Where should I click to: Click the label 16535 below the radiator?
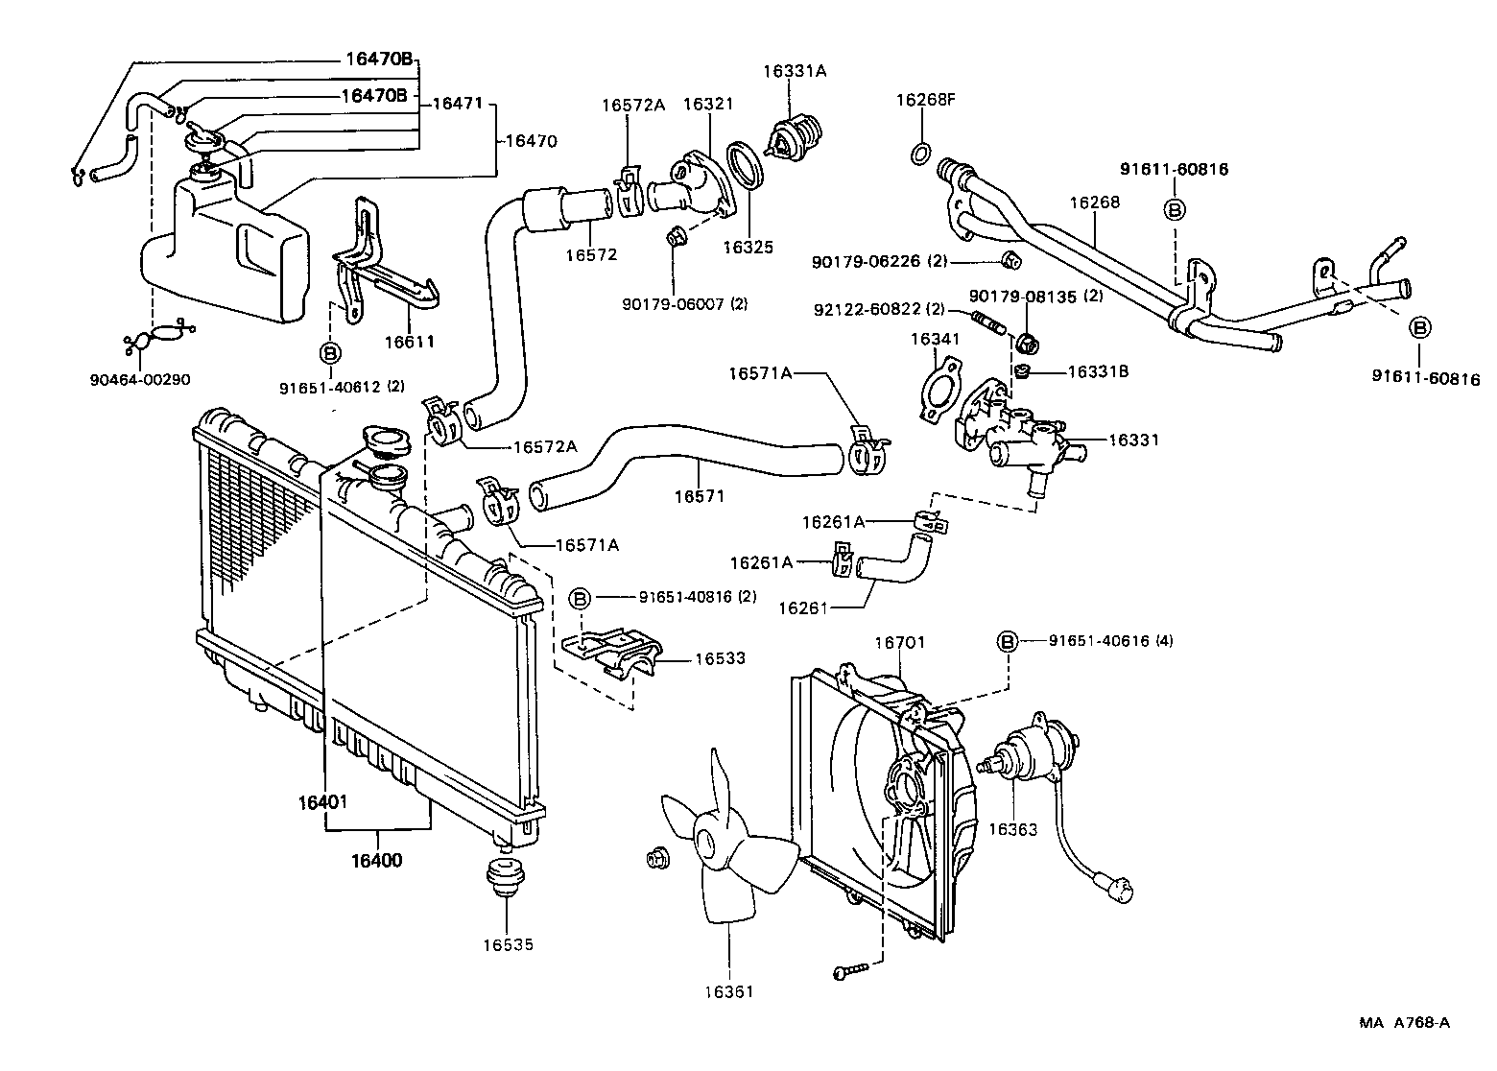click(508, 944)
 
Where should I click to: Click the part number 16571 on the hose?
click(699, 496)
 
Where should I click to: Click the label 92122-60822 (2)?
click(879, 309)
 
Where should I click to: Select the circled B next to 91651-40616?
click(1008, 641)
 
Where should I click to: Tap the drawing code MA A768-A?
click(1404, 1022)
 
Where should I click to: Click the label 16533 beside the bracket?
click(720, 658)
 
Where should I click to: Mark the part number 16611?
click(410, 341)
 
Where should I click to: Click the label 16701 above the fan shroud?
click(899, 641)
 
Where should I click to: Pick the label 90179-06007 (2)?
click(683, 303)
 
